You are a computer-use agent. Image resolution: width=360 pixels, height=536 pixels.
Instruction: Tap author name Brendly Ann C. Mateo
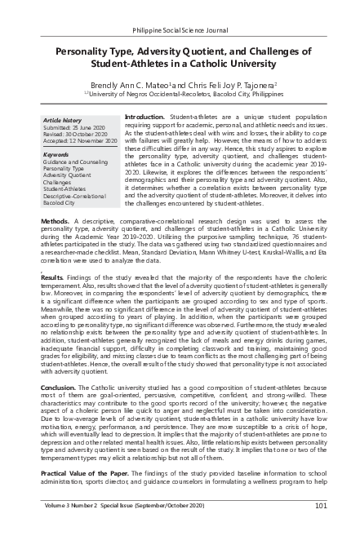click(x=134, y=83)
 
